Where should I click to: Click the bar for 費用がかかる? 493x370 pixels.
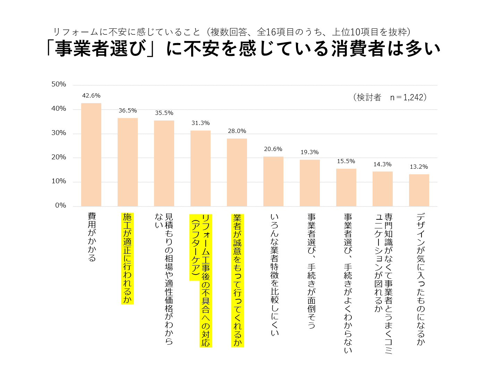coord(91,154)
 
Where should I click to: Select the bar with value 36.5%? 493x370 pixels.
coord(128,162)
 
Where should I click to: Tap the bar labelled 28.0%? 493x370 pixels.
coord(237,173)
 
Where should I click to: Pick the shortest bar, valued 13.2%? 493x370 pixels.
coord(419,190)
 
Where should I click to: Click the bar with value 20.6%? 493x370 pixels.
coord(273,182)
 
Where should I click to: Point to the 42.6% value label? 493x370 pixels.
coord(91,95)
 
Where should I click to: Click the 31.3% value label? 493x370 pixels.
coord(201,123)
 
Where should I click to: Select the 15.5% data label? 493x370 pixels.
coord(346,161)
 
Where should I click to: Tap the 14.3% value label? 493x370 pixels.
coord(382,164)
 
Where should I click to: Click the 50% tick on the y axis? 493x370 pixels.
coord(59,84)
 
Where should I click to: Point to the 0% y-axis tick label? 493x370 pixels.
coord(61,205)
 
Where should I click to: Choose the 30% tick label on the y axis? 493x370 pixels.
coord(59,133)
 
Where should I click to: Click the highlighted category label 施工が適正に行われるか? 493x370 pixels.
coord(128,258)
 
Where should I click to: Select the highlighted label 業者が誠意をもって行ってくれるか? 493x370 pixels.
coord(238,280)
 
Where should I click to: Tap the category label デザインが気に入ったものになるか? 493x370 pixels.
coord(420,279)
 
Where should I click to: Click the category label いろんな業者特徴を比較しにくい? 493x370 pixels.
coord(274,275)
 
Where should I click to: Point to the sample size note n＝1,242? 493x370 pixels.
coord(408,97)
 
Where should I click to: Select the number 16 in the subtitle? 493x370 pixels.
coord(271,32)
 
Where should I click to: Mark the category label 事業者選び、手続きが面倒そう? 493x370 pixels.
coord(311,271)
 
